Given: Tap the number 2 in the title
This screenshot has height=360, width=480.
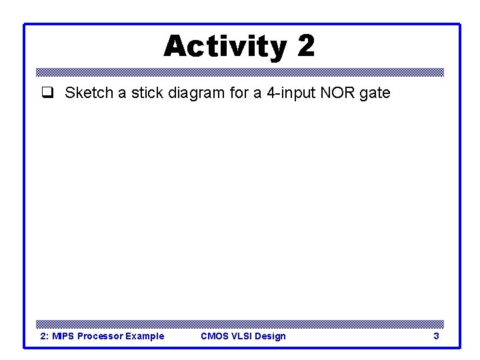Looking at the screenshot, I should click(x=305, y=46).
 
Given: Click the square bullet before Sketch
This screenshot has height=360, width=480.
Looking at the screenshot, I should click(x=47, y=93).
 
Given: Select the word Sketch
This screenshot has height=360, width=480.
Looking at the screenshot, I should click(x=89, y=93).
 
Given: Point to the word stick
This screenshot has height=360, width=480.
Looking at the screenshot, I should click(x=145, y=93).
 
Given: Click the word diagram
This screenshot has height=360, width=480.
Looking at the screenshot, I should click(x=197, y=93).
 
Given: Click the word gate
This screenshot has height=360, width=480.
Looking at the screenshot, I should click(x=374, y=93).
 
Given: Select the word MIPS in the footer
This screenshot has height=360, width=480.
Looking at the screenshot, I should click(x=63, y=336).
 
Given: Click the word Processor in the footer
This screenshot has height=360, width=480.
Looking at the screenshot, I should click(x=100, y=336).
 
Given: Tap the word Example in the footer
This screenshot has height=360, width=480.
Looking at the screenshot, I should click(x=144, y=336).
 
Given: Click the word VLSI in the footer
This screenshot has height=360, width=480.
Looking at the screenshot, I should click(x=243, y=336).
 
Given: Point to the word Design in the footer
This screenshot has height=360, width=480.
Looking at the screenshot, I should click(x=271, y=336).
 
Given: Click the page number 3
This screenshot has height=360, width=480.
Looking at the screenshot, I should click(x=436, y=336).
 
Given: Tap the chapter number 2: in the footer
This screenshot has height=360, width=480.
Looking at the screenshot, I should click(x=44, y=336).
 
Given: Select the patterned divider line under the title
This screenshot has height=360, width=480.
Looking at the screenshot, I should click(x=240, y=72).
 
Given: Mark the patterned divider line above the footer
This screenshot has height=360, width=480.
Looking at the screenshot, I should click(x=240, y=323).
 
